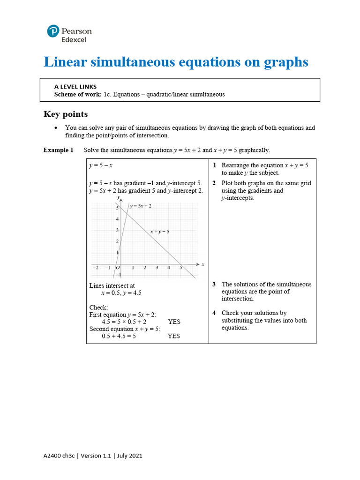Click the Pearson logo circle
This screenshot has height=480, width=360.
[54, 31]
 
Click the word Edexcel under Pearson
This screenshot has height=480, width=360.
[75, 40]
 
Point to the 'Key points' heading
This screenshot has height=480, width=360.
[66, 114]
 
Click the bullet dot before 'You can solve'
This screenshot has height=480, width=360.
[56, 128]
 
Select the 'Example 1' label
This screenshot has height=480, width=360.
[59, 150]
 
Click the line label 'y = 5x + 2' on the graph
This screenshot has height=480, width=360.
[140, 206]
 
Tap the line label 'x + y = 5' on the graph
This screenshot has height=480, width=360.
[160, 232]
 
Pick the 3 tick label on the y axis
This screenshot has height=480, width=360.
[117, 230]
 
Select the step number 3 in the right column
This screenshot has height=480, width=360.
[214, 285]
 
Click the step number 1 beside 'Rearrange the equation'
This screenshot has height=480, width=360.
[214, 165]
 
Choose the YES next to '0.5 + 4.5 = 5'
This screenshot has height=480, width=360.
[174, 336]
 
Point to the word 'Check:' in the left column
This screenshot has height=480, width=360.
[98, 307]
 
